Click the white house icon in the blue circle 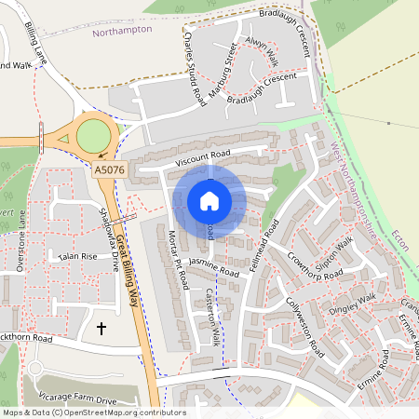point(209,200)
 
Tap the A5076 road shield point(109,170)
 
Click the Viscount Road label point(195,159)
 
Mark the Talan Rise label point(77,256)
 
